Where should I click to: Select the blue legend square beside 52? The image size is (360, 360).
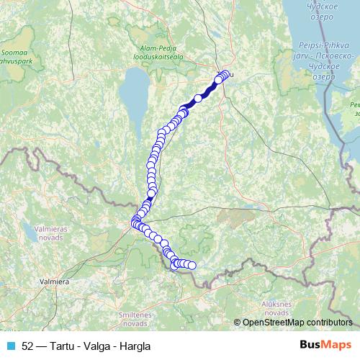11,346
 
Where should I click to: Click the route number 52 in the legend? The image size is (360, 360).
28,346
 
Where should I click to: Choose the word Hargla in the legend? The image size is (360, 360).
137,346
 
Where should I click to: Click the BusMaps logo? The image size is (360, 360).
326,345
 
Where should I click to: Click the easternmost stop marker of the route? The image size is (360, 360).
192,266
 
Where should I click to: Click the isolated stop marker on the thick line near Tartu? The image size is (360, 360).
198,99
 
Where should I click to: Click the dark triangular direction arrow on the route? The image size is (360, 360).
150,193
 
